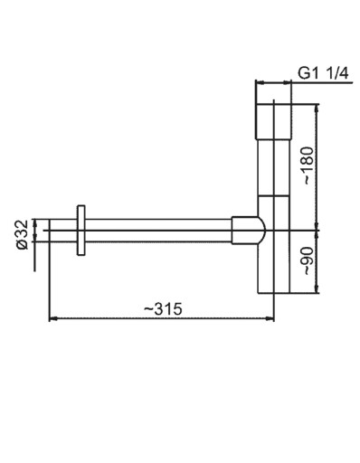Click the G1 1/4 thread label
pos(323,73)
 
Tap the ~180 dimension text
pos(308,165)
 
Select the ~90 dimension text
pos(308,261)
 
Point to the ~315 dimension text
pos(163,309)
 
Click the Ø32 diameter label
pos(23,235)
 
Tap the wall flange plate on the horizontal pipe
pos(81,231)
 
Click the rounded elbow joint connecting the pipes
pos(248,231)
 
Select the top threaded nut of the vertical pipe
pos(274,122)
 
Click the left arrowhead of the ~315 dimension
pos(53,317)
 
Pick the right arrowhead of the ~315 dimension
pos(270,317)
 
